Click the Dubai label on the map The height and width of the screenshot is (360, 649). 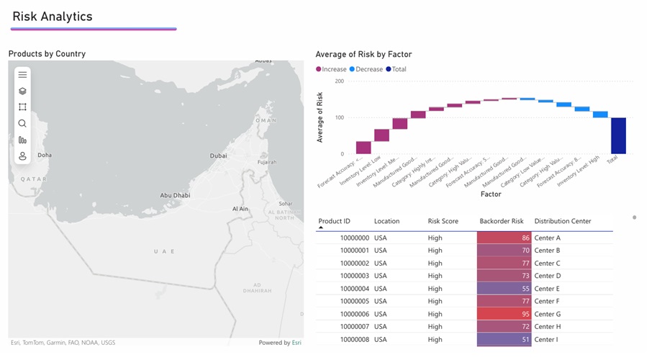[x=218, y=156]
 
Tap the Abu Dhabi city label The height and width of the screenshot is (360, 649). [x=175, y=195]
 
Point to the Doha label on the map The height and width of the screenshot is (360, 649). [x=45, y=155]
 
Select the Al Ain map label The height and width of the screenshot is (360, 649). [x=240, y=209]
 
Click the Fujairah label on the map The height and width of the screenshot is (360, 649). [x=267, y=163]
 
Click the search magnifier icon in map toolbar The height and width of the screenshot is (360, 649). [x=22, y=124]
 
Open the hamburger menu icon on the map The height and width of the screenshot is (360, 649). [x=22, y=75]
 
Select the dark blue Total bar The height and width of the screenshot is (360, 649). [x=618, y=135]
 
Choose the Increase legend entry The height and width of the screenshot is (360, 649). [x=332, y=69]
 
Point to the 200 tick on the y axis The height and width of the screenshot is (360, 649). [x=339, y=81]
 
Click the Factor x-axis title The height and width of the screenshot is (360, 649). [x=491, y=194]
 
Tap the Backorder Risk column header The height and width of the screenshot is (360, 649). [x=501, y=221]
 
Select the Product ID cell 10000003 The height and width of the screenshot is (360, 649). [x=354, y=276]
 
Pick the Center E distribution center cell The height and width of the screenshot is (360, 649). [x=547, y=289]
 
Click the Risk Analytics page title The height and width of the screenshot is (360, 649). [x=53, y=17]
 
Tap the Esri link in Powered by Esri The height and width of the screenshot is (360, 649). [x=296, y=343]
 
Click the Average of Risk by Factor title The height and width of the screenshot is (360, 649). [x=363, y=54]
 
